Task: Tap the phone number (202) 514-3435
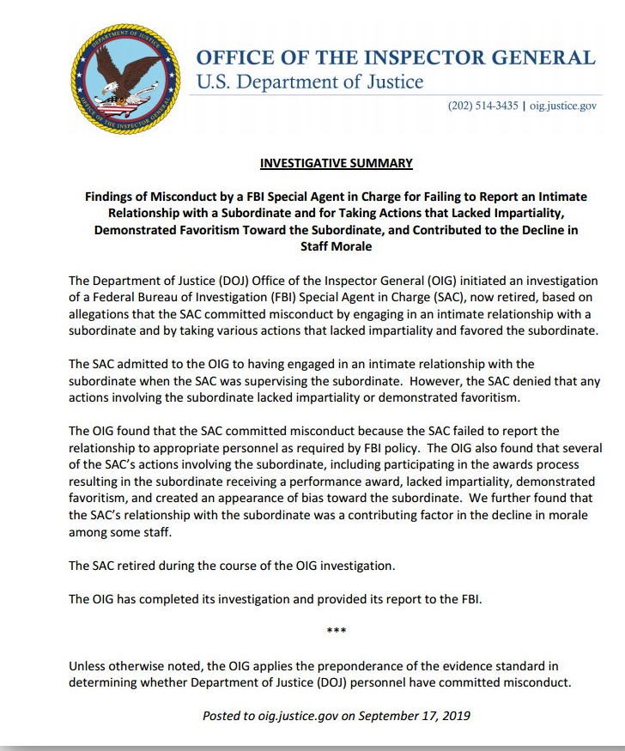click(x=482, y=106)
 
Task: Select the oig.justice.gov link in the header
click(x=561, y=106)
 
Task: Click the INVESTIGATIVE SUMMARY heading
click(x=336, y=163)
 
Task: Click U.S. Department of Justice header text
click(x=310, y=82)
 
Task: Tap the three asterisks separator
click(x=337, y=632)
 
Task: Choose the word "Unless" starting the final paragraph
click(x=88, y=666)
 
